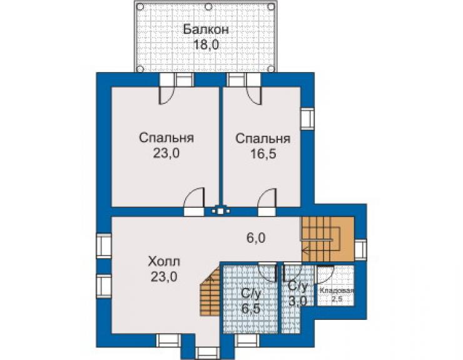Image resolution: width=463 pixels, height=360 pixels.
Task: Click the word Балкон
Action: pos(206,29)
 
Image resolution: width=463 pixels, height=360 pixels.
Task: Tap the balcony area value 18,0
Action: pos(206,45)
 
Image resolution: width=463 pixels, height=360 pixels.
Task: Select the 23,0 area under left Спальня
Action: pos(166,153)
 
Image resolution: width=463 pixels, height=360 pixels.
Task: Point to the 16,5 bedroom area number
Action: pos(263,153)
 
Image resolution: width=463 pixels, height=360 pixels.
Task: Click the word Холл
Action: pos(164,262)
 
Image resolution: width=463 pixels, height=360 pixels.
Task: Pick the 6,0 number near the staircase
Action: pos(256,238)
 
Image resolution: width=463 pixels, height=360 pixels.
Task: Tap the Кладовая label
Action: pos(337,291)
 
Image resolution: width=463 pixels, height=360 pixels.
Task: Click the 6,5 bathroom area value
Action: pos(251,309)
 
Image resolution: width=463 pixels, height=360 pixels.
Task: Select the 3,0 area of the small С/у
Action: pos(298,301)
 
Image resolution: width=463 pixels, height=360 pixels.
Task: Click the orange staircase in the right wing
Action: pos(327,239)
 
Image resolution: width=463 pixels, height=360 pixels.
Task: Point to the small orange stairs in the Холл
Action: pos(210,291)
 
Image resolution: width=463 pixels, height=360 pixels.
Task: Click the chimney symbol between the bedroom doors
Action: pos(220,211)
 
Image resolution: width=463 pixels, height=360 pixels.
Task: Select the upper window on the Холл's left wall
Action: pos(104,246)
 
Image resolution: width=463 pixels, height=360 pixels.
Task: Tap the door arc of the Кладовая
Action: pos(326,274)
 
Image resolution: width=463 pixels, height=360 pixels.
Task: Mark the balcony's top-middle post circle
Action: pos(208,6)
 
